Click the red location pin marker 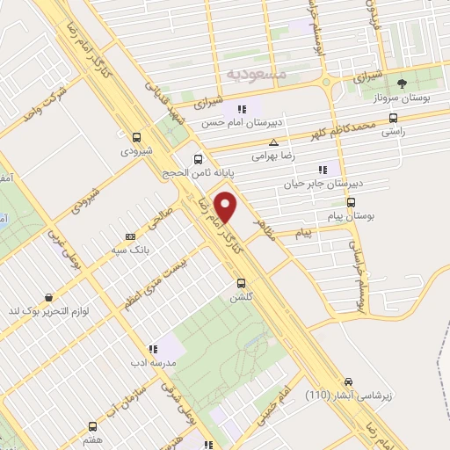click(229, 207)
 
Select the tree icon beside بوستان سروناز click(402, 83)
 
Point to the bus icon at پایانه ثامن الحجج click(199, 159)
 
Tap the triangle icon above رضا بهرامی click(274, 142)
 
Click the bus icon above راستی click(393, 117)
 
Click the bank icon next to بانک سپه click(131, 236)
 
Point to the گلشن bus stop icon click(240, 283)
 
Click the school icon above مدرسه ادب click(153, 349)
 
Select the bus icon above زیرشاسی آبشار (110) click(350, 381)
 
